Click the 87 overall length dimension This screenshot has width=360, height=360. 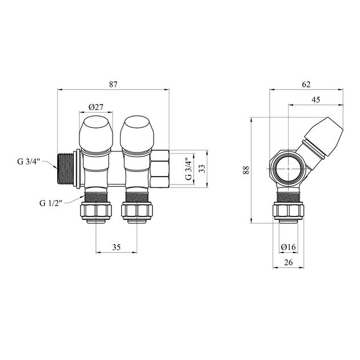[113, 85]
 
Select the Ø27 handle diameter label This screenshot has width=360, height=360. [96, 107]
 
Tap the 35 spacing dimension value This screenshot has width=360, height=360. [117, 247]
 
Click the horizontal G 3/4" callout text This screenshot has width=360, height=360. [29, 162]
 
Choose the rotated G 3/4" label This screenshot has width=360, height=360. [188, 169]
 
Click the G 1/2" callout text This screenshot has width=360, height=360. [51, 203]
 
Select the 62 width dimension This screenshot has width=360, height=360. [306, 85]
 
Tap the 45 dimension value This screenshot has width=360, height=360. [315, 99]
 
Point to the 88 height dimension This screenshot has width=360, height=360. [246, 170]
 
